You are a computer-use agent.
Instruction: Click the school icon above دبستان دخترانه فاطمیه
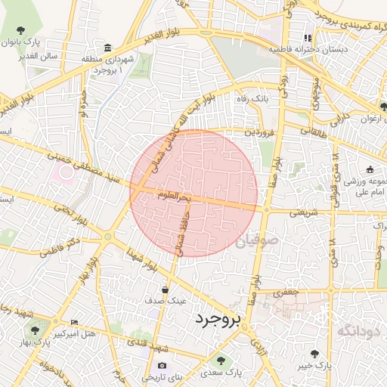pyautogui.click(x=308, y=38)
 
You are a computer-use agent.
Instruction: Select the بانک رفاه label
pyautogui.click(x=249, y=99)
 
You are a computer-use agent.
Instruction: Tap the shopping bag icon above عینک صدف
pyautogui.click(x=166, y=289)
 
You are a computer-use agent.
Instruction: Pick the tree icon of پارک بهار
pyautogui.click(x=35, y=330)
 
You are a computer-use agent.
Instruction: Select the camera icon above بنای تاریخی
pyautogui.click(x=161, y=366)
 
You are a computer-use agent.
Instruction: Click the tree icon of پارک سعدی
pyautogui.click(x=220, y=361)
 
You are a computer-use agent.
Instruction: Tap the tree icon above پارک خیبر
pyautogui.click(x=314, y=354)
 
